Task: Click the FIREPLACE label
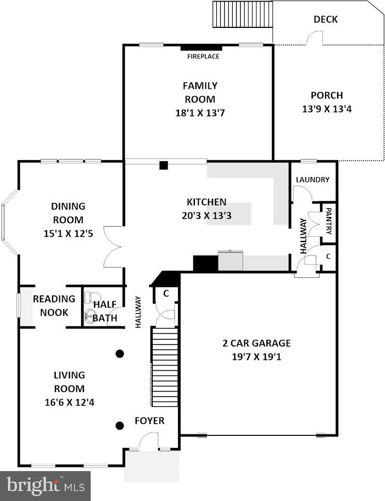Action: [x=203, y=56]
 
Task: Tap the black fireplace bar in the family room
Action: [x=201, y=48]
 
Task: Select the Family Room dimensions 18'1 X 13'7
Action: [x=200, y=113]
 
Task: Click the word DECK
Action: [x=326, y=19]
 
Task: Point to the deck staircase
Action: [x=243, y=14]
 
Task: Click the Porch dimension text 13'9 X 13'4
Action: [x=327, y=109]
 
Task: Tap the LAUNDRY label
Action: [x=313, y=180]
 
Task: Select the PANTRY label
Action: [x=329, y=221]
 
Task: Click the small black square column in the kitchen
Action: [x=164, y=165]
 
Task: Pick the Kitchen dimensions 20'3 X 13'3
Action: [x=206, y=216]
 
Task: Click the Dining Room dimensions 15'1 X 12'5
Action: [x=68, y=233]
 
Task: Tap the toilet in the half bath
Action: [x=90, y=297]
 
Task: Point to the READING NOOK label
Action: [x=54, y=306]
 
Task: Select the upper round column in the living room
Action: [x=119, y=354]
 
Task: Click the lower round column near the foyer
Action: [x=119, y=426]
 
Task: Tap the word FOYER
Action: [x=149, y=421]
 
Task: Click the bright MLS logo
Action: [x=45, y=486]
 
